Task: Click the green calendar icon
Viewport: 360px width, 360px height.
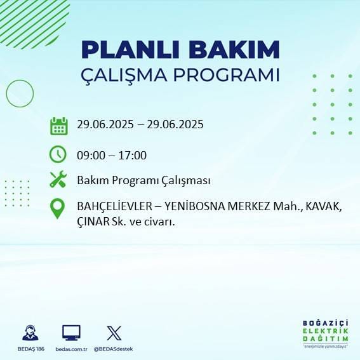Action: tap(58, 126)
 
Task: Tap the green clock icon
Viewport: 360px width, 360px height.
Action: tap(58, 154)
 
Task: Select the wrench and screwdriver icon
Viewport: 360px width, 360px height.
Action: tap(58, 180)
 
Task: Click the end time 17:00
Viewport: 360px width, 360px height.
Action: tap(134, 155)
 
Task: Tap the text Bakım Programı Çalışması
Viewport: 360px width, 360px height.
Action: tap(143, 180)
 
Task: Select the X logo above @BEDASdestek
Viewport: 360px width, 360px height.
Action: tap(114, 333)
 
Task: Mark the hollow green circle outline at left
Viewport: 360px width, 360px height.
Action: tap(20, 93)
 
